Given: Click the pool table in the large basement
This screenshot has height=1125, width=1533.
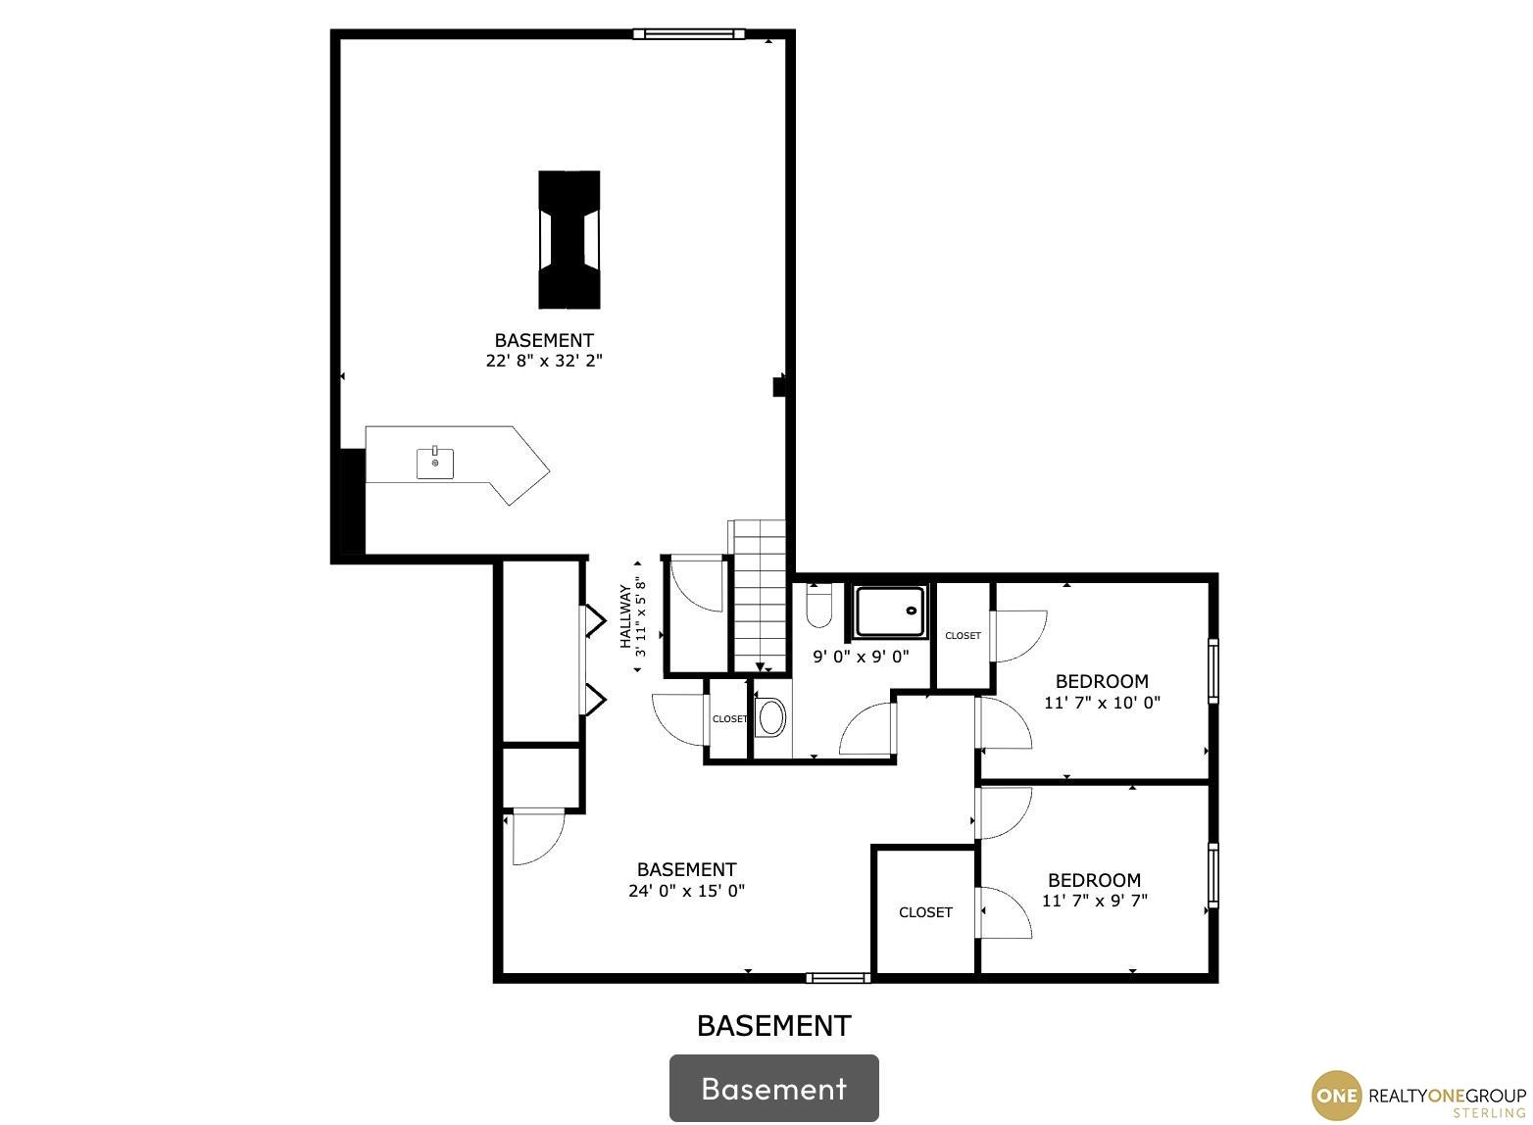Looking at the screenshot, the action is (569, 239).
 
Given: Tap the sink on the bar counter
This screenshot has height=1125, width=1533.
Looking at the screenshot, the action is (434, 463).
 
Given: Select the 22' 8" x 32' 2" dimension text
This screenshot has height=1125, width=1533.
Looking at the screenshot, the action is (544, 361).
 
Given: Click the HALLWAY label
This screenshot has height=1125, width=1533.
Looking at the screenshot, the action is (624, 615).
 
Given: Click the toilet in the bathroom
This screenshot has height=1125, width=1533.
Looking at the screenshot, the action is (818, 607).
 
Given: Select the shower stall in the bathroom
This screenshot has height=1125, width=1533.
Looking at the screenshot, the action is (890, 611).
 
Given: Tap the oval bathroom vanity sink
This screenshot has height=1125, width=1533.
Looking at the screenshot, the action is (771, 716).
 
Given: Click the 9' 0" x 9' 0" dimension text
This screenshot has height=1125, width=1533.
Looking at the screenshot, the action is (861, 657).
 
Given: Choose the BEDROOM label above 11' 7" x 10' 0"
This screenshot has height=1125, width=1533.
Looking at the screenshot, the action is (1102, 681).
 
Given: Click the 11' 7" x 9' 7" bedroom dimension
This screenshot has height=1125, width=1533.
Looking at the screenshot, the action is (1094, 901).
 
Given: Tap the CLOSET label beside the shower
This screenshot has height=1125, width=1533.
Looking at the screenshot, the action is (963, 636).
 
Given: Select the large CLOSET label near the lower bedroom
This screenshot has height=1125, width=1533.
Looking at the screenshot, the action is (925, 912).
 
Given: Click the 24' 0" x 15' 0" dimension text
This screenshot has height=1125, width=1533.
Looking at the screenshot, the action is (686, 890).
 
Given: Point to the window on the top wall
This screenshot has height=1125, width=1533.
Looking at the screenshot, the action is (688, 33).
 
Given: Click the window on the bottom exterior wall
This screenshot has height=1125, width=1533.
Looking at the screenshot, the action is (838, 978).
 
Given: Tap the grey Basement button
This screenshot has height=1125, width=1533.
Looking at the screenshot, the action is (774, 1088).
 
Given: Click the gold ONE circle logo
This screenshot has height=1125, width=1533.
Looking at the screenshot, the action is (1337, 1097).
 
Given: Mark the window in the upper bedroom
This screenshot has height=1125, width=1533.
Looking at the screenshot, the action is (1213, 670).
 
